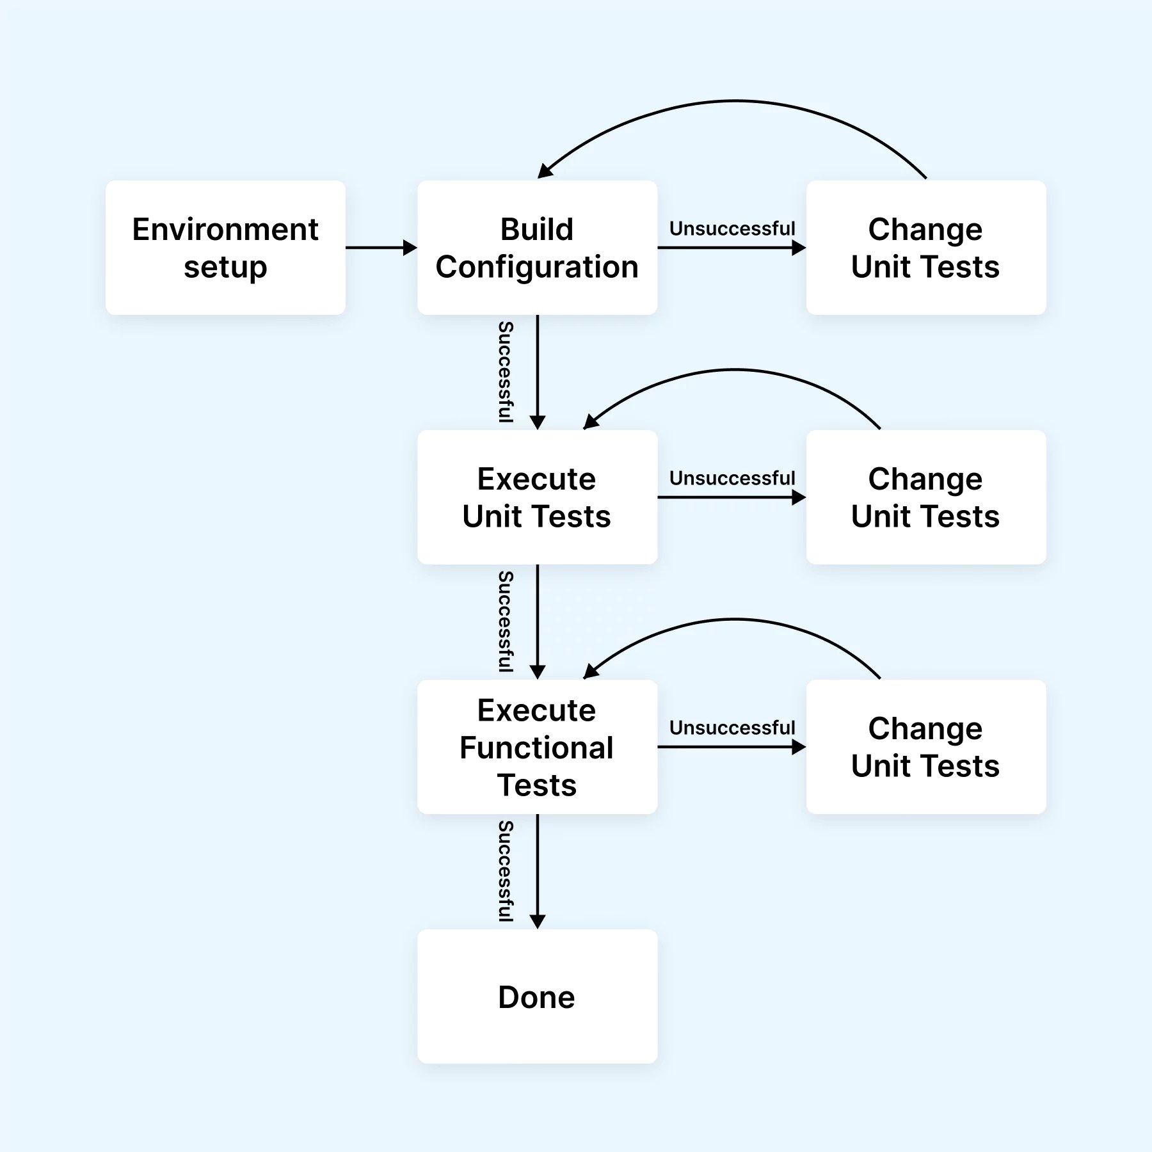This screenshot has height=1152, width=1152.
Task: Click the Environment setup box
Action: [225, 248]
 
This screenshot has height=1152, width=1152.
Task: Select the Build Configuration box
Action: [537, 248]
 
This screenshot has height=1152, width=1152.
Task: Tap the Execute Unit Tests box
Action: [537, 497]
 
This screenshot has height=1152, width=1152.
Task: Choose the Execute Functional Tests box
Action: [537, 747]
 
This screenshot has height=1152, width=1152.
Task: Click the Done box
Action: [537, 996]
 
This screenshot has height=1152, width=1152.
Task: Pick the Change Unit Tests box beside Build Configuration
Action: [925, 248]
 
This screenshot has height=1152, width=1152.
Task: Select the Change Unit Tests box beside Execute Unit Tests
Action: [925, 497]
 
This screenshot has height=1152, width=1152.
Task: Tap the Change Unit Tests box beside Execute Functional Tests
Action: [925, 747]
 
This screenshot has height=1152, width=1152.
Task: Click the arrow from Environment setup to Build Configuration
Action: [380, 248]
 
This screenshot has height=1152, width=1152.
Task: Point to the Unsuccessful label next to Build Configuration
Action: [732, 228]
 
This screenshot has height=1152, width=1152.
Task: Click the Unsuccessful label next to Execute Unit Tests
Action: [732, 478]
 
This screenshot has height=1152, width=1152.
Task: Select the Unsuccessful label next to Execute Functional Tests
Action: [732, 728]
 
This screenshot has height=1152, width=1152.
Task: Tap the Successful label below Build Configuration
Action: [506, 372]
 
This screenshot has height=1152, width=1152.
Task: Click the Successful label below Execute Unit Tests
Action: [506, 621]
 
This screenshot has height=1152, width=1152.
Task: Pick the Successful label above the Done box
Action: [506, 871]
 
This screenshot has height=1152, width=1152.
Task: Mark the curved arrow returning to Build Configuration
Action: [735, 101]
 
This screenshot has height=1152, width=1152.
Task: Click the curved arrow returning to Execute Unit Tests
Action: [735, 370]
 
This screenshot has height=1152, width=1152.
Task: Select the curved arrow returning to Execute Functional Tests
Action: [735, 620]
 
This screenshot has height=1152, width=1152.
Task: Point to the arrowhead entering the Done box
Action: [538, 922]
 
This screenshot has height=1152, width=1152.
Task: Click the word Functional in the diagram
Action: [536, 748]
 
